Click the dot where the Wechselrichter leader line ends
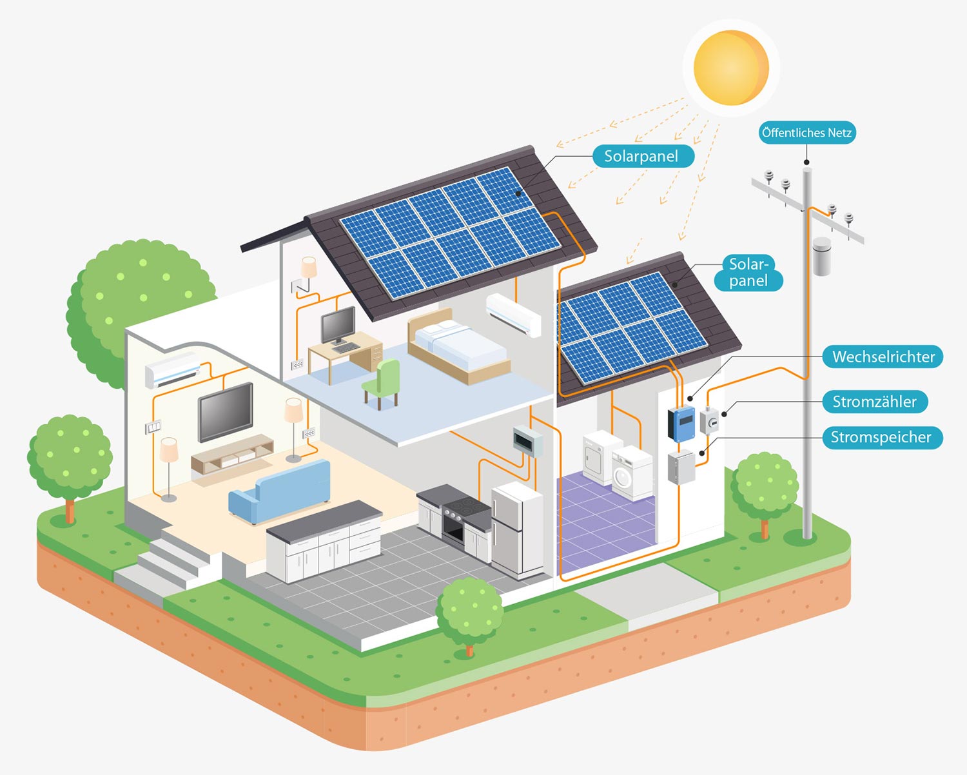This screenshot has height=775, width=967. coord(690,398)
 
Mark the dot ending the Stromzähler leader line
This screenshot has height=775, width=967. coord(724,414)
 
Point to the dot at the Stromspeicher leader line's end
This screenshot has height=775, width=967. coord(702,453)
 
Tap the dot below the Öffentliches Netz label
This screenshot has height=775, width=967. coord(807,162)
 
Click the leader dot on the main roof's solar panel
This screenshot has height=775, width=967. coord(518,193)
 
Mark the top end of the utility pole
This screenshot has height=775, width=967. coord(807,170)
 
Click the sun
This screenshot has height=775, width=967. coord(731,68)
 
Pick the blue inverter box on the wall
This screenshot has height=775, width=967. coord(681,424)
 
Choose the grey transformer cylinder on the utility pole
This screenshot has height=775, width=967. coord(822,256)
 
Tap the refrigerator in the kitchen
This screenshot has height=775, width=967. coord(518,529)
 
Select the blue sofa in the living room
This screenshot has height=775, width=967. coord(280,491)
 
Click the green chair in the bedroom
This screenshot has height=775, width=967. coord(382,384)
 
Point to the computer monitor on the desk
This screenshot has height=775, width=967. coord(338,325)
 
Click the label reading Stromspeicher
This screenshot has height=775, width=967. coord(883,437)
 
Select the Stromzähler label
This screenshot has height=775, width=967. coord(875,402)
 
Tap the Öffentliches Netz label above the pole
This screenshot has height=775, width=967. coord(807,133)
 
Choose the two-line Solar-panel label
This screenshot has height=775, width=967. coord(748,273)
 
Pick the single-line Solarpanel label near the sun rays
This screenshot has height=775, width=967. coord(643,156)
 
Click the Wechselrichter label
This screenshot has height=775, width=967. coord(883,357)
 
